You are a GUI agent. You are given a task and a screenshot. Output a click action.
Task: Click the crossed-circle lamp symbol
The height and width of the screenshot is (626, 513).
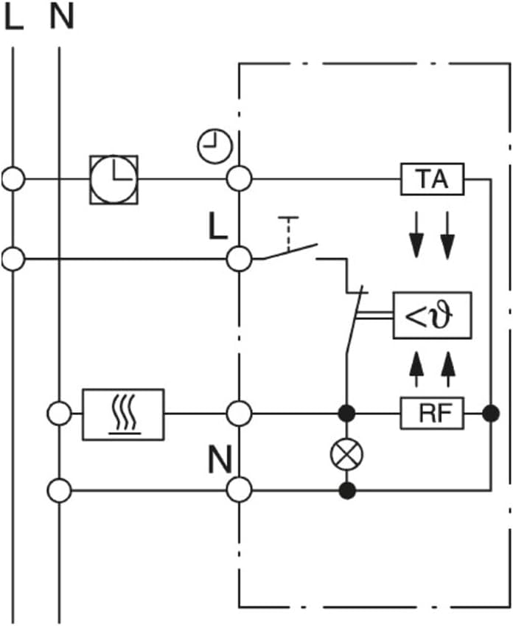tap(347, 454)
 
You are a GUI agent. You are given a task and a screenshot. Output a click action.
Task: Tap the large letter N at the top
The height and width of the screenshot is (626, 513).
tap(61, 17)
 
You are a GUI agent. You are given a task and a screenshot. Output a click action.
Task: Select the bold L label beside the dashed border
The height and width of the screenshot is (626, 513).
tap(218, 226)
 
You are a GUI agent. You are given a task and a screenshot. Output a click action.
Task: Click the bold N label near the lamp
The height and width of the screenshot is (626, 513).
tap(220, 460)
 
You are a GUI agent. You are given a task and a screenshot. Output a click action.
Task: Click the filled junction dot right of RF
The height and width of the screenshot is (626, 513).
tap(491, 414)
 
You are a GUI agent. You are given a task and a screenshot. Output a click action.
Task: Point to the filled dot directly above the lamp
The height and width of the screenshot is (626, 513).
tap(346, 414)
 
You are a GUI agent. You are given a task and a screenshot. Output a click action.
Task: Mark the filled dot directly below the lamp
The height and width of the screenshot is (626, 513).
tap(347, 490)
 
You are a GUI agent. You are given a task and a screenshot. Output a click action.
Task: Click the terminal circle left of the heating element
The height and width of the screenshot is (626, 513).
tap(60, 414)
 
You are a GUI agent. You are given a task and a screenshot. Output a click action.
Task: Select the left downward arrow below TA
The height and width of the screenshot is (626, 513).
tap(416, 234)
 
